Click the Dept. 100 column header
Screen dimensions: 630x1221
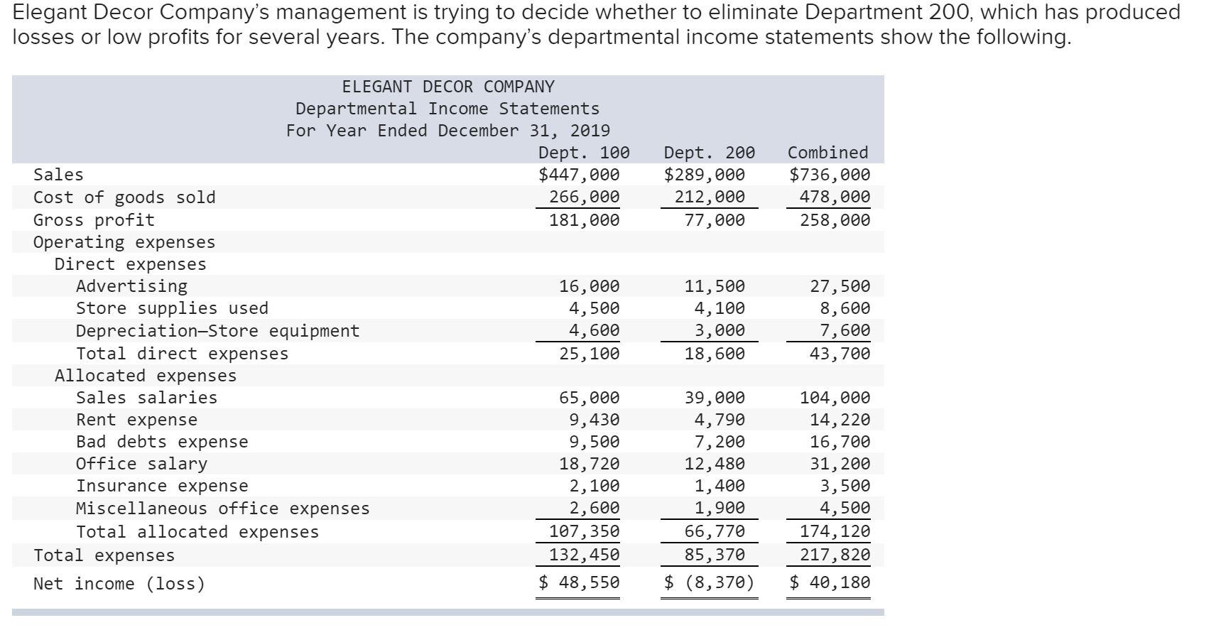[584, 153]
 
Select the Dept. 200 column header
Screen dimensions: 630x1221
[709, 153]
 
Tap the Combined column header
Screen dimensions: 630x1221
[827, 153]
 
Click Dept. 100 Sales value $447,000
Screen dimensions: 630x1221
[579, 175]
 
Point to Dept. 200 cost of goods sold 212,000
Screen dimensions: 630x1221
[710, 197]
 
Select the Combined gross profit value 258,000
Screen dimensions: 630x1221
[835, 220]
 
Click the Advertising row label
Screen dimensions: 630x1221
[131, 286]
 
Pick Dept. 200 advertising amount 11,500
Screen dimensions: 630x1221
[715, 286]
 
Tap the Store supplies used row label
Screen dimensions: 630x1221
[172, 308]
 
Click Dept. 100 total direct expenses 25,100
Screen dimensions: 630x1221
[589, 354]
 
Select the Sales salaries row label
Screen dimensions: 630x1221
[146, 398]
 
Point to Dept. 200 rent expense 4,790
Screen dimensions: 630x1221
[720, 420]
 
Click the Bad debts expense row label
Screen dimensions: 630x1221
[162, 442]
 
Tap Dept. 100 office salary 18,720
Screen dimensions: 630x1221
[589, 464]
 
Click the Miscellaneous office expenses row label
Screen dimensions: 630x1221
[222, 509]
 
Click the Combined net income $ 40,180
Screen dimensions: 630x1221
[830, 583]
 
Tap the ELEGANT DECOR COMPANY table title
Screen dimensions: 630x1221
[447, 87]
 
